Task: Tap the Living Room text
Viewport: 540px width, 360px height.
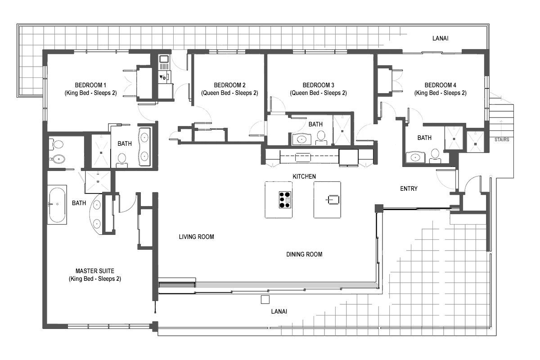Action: click(196, 237)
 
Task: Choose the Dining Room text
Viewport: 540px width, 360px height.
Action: click(304, 254)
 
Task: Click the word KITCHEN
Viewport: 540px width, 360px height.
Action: click(304, 176)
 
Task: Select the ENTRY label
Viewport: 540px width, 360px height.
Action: click(409, 189)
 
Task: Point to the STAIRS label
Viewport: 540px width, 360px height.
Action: click(502, 139)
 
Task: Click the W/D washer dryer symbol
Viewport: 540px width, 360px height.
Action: click(163, 77)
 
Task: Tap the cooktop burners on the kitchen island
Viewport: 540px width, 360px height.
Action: click(285, 200)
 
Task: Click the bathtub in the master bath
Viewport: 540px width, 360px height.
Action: click(57, 205)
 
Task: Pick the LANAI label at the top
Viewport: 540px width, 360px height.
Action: click(440, 38)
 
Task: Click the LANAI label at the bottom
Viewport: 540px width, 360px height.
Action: click(279, 311)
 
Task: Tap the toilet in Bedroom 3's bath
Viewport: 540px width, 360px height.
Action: click(321, 138)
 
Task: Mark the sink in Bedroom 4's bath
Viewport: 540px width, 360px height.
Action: click(415, 157)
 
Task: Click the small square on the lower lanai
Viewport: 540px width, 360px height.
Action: click(265, 300)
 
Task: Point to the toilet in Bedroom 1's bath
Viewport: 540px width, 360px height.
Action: click(122, 160)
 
